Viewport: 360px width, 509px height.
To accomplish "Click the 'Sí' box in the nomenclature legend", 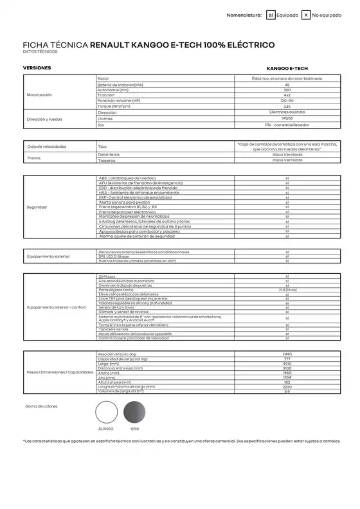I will (271, 14).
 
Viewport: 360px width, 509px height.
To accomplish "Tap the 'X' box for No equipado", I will (306, 14).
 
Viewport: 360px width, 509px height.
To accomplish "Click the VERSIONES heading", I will (37, 67).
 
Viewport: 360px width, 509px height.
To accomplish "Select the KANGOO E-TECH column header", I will (287, 67).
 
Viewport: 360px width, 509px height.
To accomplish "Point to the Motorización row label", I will (40, 94).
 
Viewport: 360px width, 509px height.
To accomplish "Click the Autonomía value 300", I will (287, 89).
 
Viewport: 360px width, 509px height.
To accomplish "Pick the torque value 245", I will (287, 105).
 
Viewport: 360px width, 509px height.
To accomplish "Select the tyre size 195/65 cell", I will (287, 118).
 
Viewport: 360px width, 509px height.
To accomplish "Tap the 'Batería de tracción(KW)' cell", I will (120, 84).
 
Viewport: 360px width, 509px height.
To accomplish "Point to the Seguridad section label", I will (36, 208).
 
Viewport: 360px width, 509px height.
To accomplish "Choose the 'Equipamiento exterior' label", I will (48, 256).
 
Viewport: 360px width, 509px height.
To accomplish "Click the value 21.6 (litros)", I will (287, 290).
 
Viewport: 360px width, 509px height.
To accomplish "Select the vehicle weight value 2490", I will (287, 354).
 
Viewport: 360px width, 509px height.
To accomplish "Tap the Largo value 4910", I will (287, 363).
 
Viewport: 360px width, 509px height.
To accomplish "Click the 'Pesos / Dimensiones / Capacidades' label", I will (56, 373).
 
